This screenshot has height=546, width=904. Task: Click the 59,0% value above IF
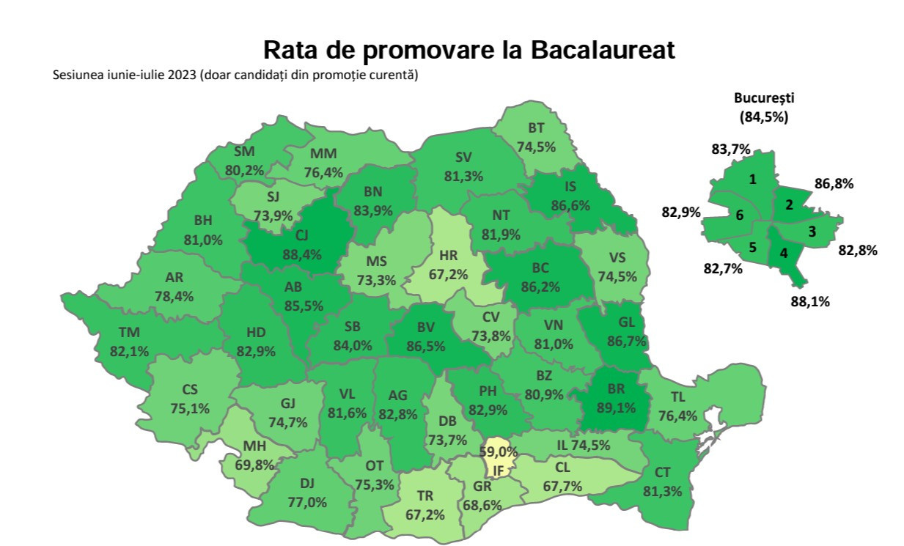point(499,451)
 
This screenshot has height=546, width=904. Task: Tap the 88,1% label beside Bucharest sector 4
point(810,300)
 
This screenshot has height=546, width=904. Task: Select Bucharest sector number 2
point(789,205)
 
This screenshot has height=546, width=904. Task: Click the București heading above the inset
point(764,98)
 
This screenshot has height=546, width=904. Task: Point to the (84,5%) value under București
point(764,116)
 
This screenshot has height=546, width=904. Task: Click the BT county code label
point(536,128)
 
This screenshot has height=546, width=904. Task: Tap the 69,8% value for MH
point(254,464)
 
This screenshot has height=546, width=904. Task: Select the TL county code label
point(679,396)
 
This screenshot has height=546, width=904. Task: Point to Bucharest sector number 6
point(740,215)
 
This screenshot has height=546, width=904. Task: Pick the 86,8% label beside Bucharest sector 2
point(834,184)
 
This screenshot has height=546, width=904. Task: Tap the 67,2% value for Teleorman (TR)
point(425,514)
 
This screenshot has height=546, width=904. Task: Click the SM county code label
point(244,152)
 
